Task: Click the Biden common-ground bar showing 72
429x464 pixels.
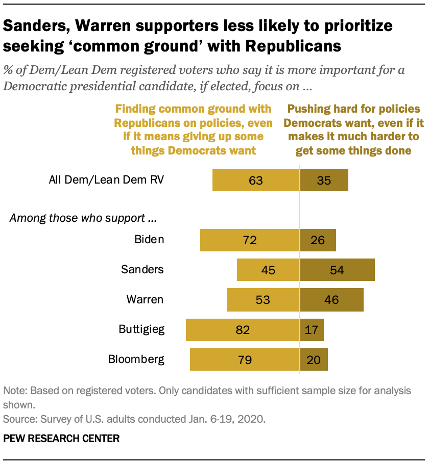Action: (x=250, y=240)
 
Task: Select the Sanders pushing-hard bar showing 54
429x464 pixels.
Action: (x=337, y=270)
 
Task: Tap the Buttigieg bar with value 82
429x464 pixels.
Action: (x=243, y=330)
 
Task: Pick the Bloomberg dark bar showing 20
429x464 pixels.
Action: (x=314, y=359)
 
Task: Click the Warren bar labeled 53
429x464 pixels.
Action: (x=263, y=299)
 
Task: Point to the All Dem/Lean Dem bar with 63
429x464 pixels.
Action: (x=256, y=180)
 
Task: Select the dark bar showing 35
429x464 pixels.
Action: (x=324, y=180)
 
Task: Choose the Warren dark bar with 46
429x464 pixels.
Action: (x=331, y=299)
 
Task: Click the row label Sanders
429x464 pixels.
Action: (x=142, y=269)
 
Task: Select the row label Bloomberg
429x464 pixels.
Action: (x=136, y=359)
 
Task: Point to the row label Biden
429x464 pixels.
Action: (x=149, y=239)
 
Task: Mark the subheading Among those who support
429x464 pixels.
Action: (x=83, y=219)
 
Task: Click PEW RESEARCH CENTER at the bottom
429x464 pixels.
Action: (x=61, y=438)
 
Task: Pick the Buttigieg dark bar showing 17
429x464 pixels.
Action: (x=312, y=330)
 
